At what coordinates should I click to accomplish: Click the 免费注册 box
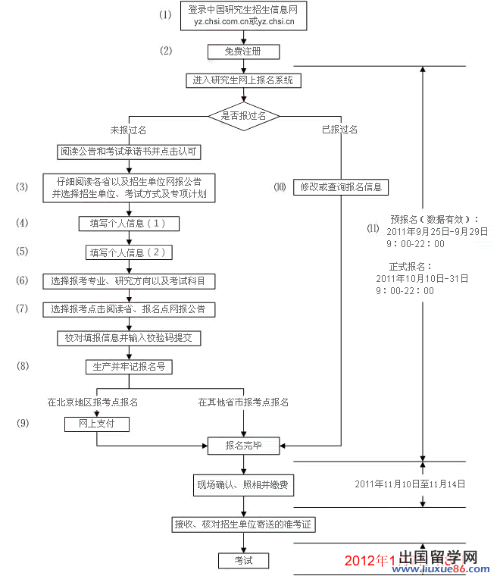tap(244, 52)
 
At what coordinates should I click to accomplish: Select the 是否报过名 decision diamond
tap(244, 116)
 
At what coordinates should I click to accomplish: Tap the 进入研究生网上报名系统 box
tap(242, 80)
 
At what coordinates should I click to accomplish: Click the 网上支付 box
tap(96, 424)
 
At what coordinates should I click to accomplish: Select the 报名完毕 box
tap(244, 446)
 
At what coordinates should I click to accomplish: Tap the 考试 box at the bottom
tap(243, 561)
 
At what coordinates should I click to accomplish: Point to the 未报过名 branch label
tap(128, 130)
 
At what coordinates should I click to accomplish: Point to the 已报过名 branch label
tap(339, 130)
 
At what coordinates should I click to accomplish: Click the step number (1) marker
tap(165, 15)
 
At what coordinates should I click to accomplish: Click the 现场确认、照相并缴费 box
tap(243, 484)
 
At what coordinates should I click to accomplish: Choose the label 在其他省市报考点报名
tap(243, 402)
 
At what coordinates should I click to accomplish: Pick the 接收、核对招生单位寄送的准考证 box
tap(243, 524)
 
